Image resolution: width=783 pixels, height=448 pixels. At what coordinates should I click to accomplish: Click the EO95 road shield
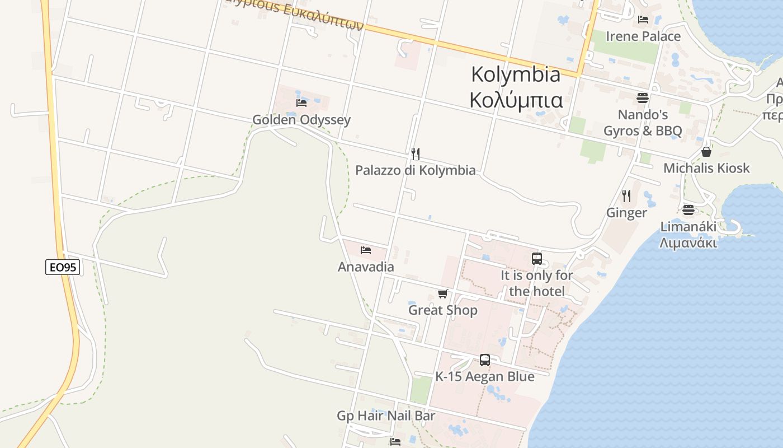[63, 267]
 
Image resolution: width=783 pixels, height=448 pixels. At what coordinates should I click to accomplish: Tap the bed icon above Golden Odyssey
[301, 102]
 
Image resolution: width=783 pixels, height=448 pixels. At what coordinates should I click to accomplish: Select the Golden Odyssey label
[301, 119]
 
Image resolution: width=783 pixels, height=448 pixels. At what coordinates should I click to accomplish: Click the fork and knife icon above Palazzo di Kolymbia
[416, 153]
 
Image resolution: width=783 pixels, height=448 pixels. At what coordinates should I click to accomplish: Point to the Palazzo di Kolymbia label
[416, 170]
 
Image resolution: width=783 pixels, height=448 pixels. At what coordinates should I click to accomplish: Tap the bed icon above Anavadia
[366, 250]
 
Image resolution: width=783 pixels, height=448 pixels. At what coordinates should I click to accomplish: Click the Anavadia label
[366, 267]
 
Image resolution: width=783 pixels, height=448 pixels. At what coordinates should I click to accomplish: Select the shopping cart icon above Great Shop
[443, 293]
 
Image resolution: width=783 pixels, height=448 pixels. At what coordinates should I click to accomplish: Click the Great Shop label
[443, 310]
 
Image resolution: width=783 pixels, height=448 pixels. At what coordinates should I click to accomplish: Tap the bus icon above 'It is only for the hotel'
[537, 259]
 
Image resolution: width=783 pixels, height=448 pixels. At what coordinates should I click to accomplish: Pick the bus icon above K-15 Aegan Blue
[485, 360]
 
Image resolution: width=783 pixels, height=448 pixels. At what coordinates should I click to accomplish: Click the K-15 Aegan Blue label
[485, 376]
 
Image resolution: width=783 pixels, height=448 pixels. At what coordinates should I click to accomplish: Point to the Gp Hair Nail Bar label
[386, 416]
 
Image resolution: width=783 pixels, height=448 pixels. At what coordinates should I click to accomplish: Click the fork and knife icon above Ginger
[626, 196]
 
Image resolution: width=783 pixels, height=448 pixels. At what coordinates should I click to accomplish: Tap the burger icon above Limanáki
[688, 210]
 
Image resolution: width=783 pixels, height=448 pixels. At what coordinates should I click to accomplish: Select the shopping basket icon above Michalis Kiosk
[706, 152]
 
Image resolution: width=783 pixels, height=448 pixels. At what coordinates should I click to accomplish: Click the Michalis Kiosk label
[706, 168]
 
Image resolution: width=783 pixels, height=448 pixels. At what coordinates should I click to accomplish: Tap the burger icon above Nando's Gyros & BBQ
[642, 98]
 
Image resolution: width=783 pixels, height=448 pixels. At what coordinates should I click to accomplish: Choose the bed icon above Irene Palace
[643, 20]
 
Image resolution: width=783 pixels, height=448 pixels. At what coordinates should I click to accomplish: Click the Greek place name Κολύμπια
[516, 100]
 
